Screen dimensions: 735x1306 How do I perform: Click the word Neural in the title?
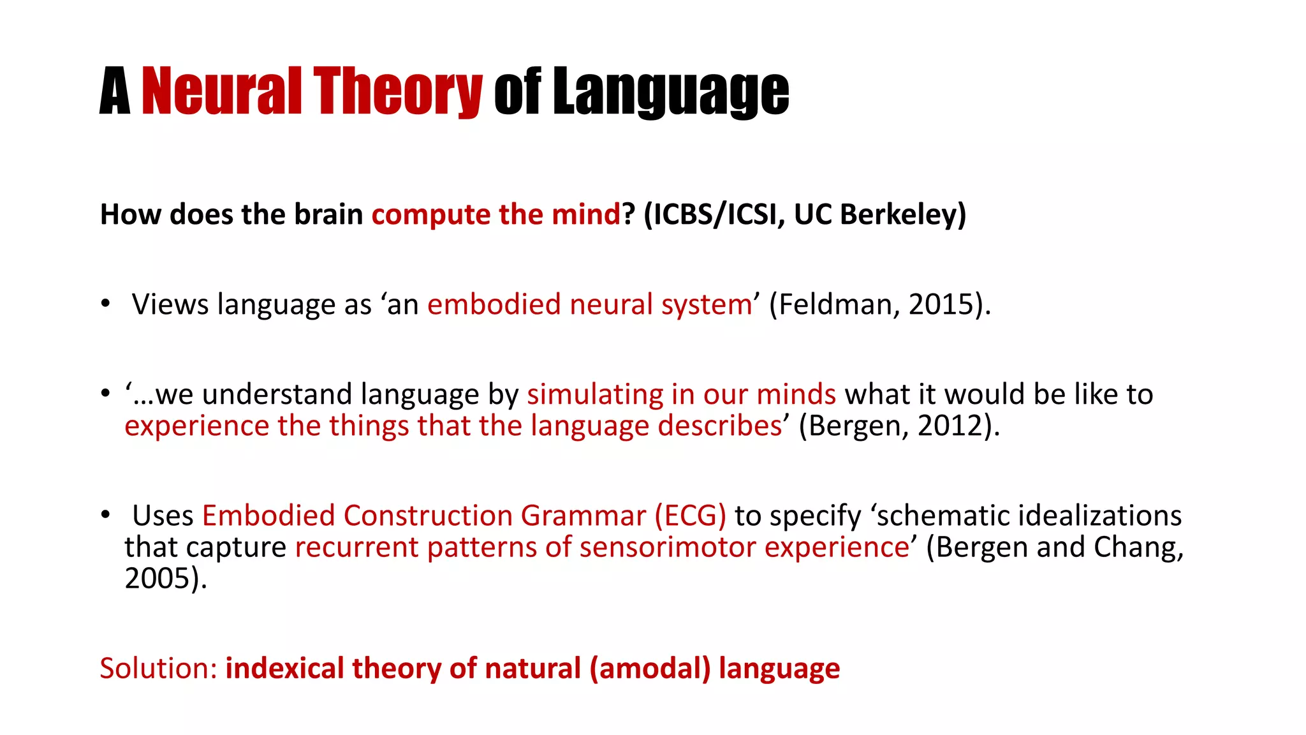pos(221,92)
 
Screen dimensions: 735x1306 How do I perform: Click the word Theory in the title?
pos(397,92)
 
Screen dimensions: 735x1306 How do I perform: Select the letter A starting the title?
pos(115,92)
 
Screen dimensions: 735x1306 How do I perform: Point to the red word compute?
pos(430,214)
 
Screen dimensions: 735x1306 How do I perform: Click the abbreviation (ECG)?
pos(690,516)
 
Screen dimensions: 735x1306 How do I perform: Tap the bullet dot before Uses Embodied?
pos(105,514)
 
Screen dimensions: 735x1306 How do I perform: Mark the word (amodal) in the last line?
pos(649,669)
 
